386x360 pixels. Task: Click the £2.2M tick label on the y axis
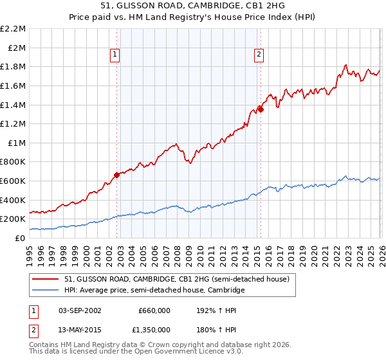click(x=13, y=29)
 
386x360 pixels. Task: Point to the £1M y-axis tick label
click(x=16, y=143)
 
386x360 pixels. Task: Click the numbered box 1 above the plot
click(x=115, y=55)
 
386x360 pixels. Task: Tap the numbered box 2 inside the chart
click(x=259, y=55)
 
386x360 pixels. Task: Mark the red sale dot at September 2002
click(x=116, y=174)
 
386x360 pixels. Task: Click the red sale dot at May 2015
click(x=261, y=109)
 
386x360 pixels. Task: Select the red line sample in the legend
click(x=45, y=280)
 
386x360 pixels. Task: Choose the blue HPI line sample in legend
click(x=45, y=291)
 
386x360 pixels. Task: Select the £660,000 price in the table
click(x=154, y=310)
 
